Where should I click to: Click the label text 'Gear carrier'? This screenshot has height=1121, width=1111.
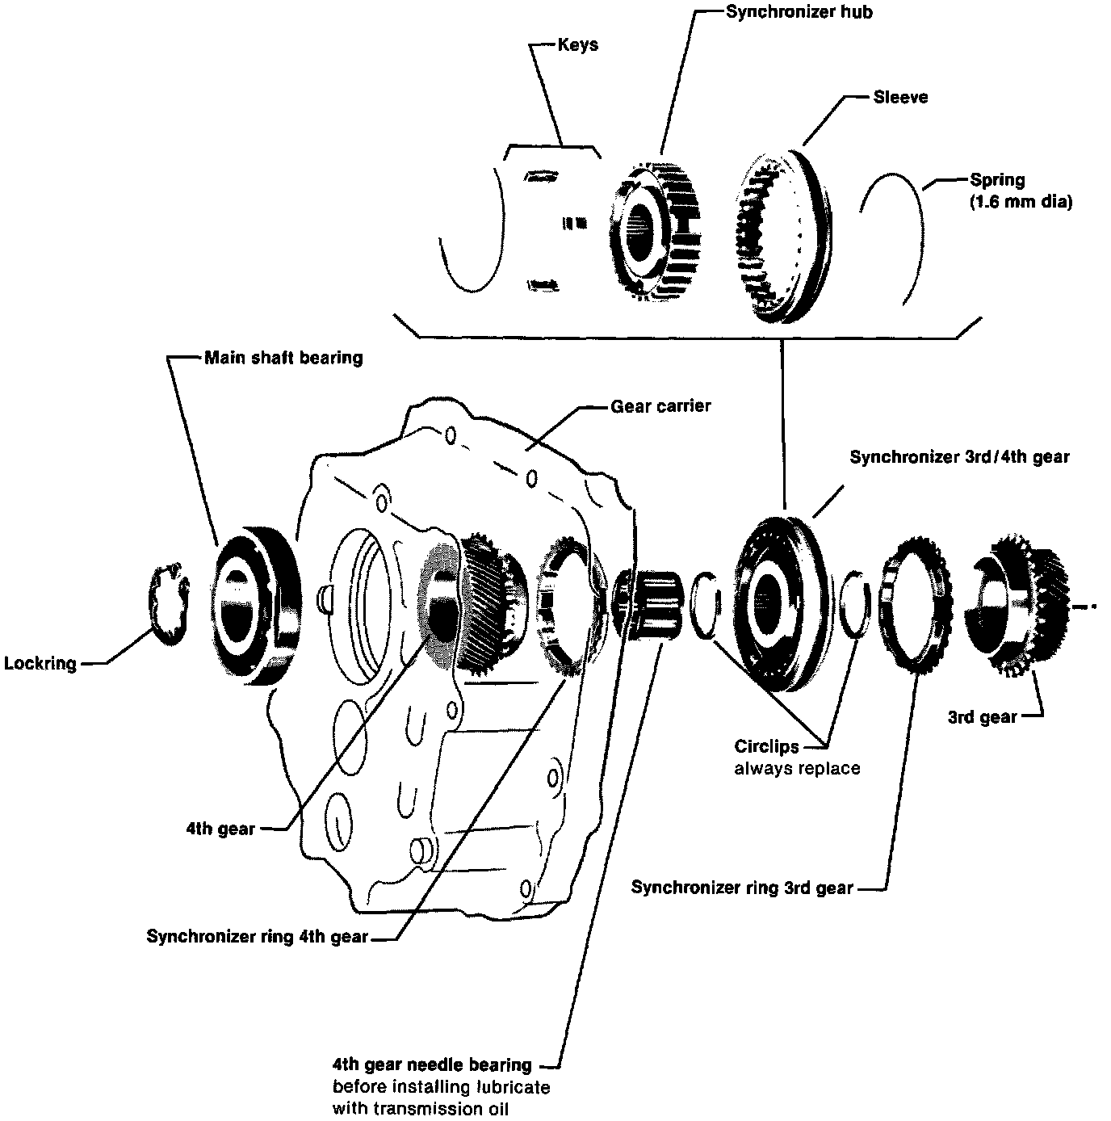(660, 406)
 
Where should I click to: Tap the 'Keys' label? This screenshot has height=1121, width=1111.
(578, 44)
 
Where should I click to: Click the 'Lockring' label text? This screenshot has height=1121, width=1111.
(40, 664)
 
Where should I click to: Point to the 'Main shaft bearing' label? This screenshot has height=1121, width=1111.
(283, 357)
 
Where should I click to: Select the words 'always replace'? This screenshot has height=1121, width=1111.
(797, 768)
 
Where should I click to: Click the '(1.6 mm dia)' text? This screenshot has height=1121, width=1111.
(1021, 202)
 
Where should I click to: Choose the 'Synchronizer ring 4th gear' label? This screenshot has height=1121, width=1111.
(257, 937)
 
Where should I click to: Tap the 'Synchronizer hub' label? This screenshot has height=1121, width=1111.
(788, 11)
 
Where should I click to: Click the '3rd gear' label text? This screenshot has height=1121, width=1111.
(982, 717)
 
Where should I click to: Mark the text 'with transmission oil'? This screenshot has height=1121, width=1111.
(421, 1108)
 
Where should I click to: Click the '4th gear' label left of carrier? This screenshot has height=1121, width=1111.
(220, 829)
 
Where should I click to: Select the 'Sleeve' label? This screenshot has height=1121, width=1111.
(900, 97)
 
